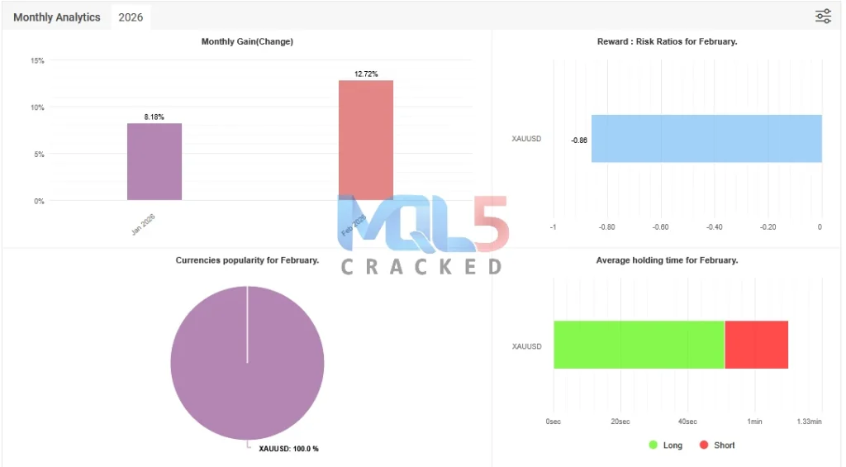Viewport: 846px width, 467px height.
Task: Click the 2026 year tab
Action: coord(131,17)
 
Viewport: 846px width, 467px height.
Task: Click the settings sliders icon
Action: coord(823,17)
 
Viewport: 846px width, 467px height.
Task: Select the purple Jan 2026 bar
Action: coord(154,162)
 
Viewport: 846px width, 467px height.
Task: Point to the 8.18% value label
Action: coord(154,117)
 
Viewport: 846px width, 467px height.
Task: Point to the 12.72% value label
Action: coord(366,74)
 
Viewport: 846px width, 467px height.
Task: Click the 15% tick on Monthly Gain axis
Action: coord(37,60)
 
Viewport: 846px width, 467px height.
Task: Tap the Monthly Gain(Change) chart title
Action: coord(247,42)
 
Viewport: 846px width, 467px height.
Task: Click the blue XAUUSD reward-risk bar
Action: coord(706,139)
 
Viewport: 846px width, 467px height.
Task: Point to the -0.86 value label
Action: coord(579,140)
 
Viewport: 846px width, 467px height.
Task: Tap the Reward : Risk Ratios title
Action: coord(667,42)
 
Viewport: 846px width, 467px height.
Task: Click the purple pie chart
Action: coord(247,363)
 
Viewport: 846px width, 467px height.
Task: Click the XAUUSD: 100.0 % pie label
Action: coord(288,449)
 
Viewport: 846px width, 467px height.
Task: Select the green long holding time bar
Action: coord(639,345)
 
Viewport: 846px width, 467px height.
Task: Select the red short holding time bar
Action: coord(756,345)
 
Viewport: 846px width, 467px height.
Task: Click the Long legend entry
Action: coord(666,446)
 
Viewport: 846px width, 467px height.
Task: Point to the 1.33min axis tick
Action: coord(809,422)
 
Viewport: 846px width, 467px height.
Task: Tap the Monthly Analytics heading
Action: coord(57,17)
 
